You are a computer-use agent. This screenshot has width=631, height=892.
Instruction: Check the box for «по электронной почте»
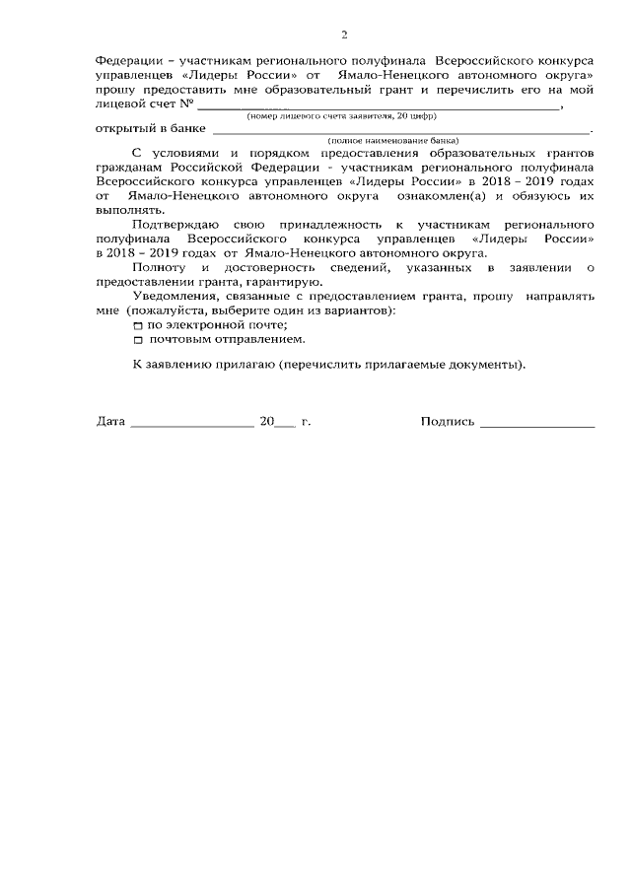(x=138, y=325)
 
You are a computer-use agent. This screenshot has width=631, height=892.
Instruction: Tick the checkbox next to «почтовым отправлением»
(x=138, y=339)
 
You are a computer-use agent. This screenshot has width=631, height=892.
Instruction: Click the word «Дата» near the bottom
(x=110, y=422)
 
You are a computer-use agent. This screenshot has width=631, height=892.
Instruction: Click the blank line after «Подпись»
(x=537, y=425)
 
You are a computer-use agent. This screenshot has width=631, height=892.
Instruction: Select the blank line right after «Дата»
(x=191, y=425)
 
